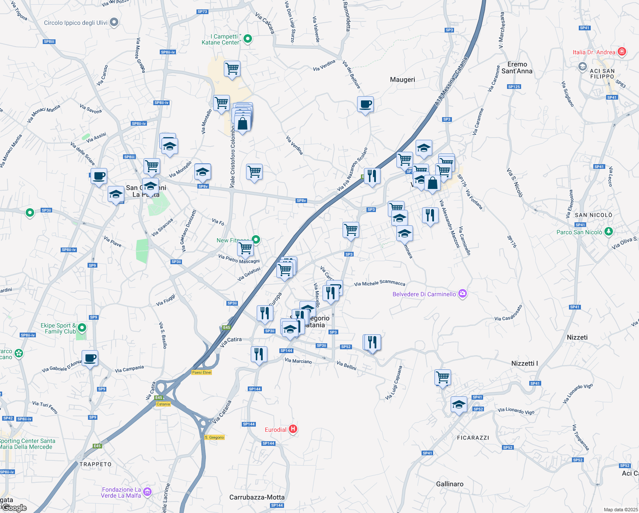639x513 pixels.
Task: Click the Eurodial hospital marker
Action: point(293,429)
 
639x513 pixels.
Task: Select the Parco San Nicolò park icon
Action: point(609,232)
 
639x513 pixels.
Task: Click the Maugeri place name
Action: point(402,80)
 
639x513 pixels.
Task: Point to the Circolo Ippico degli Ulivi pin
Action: point(114,22)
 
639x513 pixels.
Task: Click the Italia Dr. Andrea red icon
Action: point(622,52)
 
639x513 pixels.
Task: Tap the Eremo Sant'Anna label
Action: point(517,68)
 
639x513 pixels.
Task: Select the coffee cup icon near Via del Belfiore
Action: point(365,104)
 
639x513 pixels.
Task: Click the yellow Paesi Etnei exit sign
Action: point(202,372)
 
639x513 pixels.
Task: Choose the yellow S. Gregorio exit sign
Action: point(214,437)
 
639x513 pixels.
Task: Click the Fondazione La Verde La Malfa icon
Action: point(147,492)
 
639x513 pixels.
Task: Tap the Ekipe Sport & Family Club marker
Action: point(82,328)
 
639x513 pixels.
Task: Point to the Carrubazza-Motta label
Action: point(257,497)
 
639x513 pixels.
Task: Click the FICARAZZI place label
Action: point(473,438)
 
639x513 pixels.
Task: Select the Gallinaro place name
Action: point(449,484)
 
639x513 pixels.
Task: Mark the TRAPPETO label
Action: point(95,464)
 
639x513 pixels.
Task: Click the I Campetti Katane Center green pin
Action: point(247,39)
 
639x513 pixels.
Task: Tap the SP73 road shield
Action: point(202,12)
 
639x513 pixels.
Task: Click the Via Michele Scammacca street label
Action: point(379,283)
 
